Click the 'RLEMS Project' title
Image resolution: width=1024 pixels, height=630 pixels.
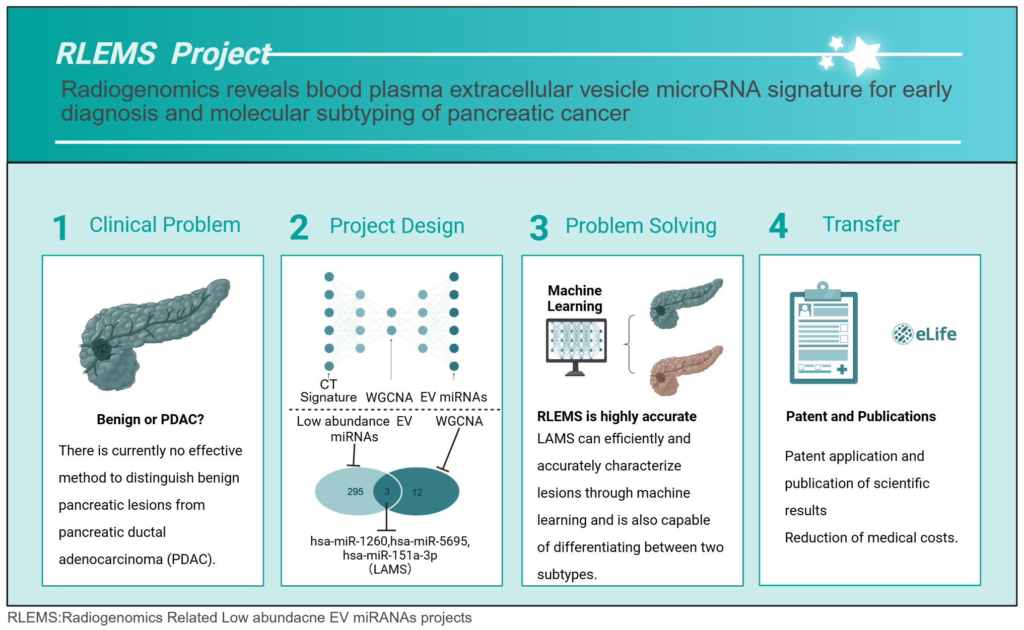(164, 54)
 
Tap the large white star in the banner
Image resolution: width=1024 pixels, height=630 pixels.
(864, 55)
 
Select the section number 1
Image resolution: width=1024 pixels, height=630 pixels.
(60, 228)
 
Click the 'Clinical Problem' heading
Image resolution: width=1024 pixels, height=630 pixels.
(165, 224)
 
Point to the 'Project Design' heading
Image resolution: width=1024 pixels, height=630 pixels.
(397, 226)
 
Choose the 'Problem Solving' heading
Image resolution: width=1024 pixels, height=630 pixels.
(641, 226)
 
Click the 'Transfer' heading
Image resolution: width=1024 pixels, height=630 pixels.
(861, 224)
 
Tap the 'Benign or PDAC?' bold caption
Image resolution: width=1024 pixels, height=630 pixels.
(150, 419)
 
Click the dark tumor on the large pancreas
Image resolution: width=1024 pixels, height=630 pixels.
(102, 348)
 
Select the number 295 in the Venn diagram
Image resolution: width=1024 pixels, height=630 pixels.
(355, 492)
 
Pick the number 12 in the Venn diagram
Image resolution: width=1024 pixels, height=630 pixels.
(417, 492)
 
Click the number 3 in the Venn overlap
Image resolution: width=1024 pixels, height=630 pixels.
(387, 492)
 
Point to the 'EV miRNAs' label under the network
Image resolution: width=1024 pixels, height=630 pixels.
(453, 397)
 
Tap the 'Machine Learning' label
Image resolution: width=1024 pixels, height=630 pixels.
(575, 298)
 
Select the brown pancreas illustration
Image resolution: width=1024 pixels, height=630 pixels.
(686, 370)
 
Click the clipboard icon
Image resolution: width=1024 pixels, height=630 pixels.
(824, 333)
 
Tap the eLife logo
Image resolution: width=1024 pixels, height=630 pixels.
(924, 334)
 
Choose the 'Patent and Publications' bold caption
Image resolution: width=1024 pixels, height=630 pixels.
(861, 416)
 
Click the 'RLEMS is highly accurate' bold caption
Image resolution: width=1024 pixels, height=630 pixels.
(617, 416)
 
